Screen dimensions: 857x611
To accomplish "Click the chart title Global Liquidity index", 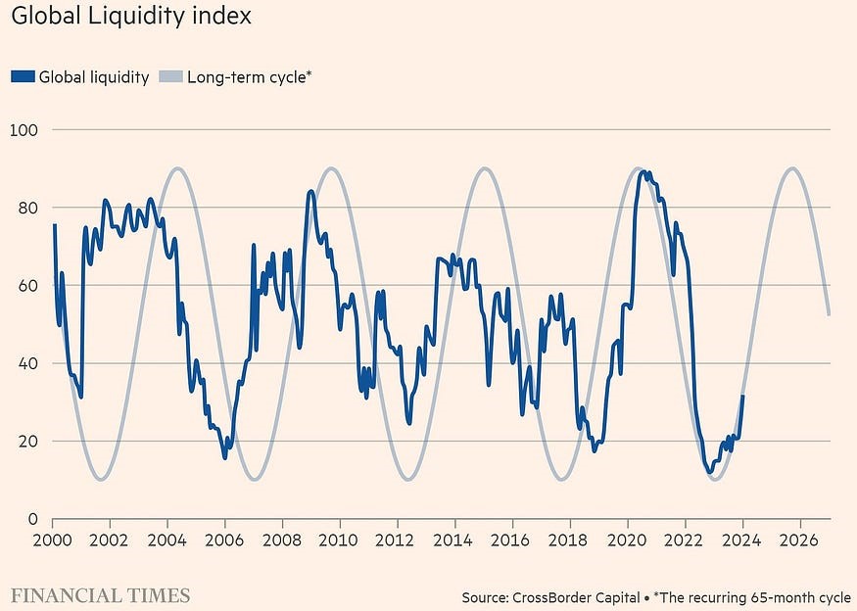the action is (131, 17).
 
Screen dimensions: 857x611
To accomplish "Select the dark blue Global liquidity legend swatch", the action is (23, 76).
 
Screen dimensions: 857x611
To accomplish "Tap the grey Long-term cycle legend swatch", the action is (170, 76).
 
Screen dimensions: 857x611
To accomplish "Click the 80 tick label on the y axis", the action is (28, 209).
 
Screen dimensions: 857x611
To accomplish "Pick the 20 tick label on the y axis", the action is (28, 442).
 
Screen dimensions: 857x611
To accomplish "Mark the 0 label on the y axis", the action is (32, 519).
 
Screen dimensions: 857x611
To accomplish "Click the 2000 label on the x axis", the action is (53, 540).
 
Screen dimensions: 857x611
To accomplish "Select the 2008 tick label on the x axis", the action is (282, 540).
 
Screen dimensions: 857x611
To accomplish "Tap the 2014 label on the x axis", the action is (452, 540).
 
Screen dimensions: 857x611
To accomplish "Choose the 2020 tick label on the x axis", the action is (627, 540).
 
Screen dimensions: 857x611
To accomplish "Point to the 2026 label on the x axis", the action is (799, 540).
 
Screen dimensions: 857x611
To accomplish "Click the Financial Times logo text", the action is (101, 595).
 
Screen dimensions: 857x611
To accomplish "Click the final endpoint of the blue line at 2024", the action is (742, 396).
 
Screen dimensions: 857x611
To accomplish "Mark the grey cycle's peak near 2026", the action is (792, 168).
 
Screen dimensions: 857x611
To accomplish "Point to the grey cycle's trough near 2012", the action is (407, 479).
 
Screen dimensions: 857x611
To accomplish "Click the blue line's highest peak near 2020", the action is (643, 172).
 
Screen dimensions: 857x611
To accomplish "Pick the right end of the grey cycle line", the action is (830, 314).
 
